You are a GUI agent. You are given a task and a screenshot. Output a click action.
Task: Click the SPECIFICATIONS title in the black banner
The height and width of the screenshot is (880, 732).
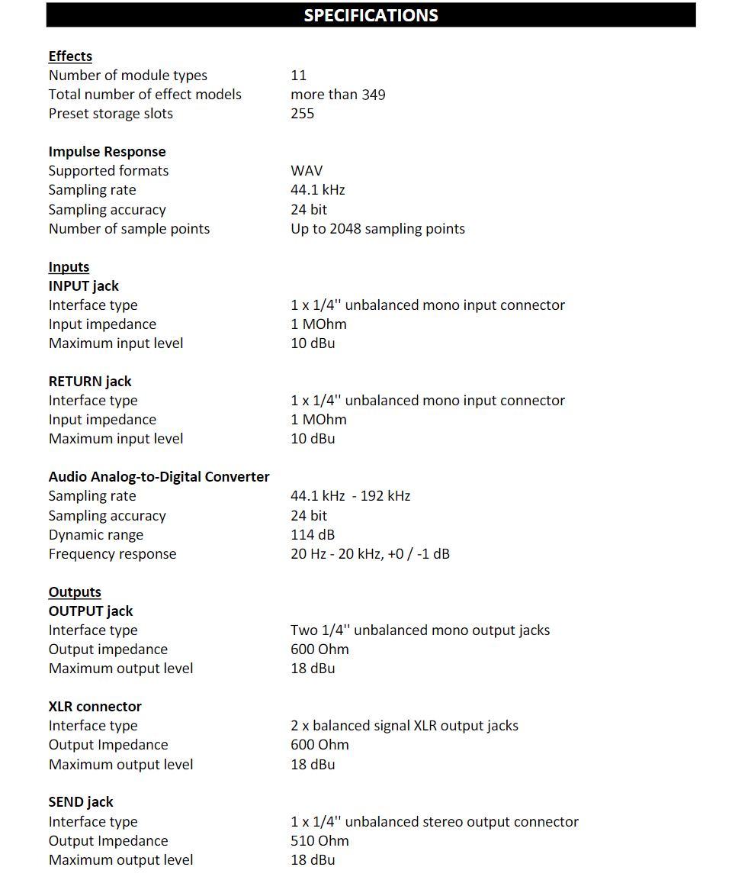(x=371, y=15)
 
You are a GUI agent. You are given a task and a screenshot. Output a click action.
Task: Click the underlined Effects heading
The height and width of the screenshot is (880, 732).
(x=70, y=56)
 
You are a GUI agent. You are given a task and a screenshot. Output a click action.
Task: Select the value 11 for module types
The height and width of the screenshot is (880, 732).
(x=298, y=76)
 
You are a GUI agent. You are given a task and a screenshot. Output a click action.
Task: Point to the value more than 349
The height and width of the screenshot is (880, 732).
(x=338, y=95)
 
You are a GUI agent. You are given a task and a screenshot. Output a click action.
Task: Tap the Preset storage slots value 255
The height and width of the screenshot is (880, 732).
(x=302, y=114)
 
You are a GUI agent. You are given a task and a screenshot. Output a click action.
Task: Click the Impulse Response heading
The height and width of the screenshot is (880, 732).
(x=107, y=152)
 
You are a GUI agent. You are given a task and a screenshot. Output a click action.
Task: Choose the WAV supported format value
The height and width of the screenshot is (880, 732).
(x=307, y=171)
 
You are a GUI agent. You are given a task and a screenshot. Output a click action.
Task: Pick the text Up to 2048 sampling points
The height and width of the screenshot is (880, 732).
(x=377, y=229)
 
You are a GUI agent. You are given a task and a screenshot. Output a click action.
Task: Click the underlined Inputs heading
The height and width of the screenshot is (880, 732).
(x=69, y=267)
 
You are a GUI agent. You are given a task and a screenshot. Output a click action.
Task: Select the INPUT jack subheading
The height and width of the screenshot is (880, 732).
(x=84, y=286)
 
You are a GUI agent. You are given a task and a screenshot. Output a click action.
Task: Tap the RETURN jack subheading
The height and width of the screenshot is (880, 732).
(x=90, y=382)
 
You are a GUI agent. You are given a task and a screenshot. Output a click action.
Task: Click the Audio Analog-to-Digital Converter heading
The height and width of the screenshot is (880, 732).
(x=159, y=477)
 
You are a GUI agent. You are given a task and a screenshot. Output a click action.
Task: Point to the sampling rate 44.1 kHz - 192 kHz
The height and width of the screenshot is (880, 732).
(x=350, y=496)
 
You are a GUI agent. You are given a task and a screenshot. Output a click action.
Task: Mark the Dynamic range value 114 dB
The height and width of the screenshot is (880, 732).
(x=313, y=535)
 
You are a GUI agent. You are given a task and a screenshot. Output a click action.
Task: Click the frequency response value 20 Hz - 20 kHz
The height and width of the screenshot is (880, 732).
(x=370, y=554)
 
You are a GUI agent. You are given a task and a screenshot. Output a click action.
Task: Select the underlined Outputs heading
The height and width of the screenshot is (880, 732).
(x=75, y=592)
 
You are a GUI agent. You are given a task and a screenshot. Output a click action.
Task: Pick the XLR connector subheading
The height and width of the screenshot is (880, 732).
(x=95, y=707)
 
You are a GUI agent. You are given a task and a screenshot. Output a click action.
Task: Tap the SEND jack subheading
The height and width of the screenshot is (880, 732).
(x=81, y=802)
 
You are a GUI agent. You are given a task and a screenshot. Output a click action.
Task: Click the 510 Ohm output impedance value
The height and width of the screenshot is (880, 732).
(x=319, y=841)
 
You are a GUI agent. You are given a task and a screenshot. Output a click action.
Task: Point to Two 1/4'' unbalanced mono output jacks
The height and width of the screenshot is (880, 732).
(x=420, y=630)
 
